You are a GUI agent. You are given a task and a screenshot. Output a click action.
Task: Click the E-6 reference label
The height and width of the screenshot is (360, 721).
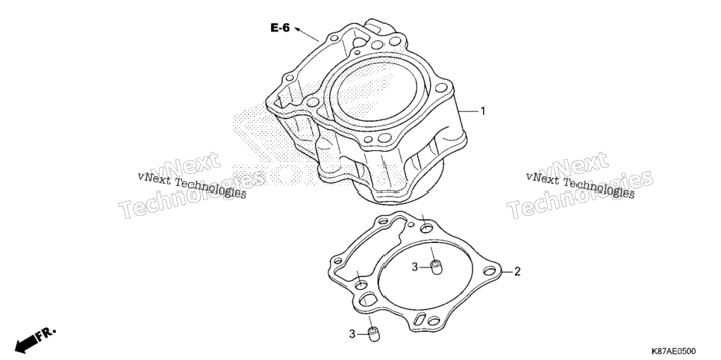280,28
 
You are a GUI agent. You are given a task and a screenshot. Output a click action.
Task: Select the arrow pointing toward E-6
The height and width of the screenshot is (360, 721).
306,34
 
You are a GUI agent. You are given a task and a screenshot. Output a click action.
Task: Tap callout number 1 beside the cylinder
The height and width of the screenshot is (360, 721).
483,111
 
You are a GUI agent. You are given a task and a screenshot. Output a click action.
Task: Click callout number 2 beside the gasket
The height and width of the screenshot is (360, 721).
517,272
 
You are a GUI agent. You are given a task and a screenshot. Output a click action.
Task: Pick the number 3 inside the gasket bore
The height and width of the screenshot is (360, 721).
415,267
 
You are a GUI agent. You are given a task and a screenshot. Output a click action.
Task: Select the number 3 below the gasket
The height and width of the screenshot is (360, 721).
352,334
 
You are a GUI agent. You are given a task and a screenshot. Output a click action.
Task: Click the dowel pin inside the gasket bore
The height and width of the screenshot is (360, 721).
436,267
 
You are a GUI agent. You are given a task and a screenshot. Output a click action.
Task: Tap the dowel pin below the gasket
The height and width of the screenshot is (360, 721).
375,334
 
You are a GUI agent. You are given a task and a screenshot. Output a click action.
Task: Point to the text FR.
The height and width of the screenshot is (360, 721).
46,333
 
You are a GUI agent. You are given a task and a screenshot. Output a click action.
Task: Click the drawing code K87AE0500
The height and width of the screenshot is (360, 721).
672,351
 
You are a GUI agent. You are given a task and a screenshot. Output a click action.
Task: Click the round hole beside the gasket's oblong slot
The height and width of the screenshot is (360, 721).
434,320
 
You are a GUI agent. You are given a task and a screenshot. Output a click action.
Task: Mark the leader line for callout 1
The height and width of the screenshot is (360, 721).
468,111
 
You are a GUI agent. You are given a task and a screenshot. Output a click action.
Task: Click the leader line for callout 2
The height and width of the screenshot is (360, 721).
506,272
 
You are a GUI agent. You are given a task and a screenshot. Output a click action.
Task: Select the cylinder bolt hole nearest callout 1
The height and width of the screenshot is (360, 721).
440,87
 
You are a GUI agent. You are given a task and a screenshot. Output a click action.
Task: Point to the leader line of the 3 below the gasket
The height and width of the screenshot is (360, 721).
363,334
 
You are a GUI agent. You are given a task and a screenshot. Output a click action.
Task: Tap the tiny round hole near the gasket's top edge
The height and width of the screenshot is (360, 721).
412,225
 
